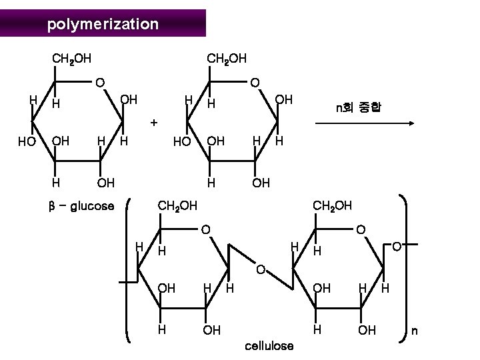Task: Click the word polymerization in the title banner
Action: (x=103, y=25)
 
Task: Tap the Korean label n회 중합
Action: (x=358, y=106)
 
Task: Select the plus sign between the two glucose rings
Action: (x=154, y=123)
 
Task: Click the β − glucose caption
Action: (x=81, y=206)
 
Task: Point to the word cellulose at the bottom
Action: (x=269, y=346)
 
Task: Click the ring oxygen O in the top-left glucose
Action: (x=99, y=83)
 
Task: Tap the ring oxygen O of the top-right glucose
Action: (x=254, y=83)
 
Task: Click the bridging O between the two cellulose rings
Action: (x=261, y=270)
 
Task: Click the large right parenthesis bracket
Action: (x=405, y=267)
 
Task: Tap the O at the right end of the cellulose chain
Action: (x=396, y=247)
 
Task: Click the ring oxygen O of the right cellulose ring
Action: (x=361, y=230)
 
